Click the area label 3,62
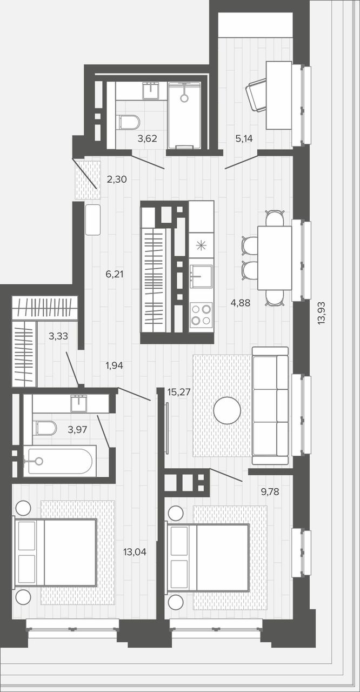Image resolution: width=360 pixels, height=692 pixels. [147, 139]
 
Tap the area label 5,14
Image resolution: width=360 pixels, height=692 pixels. [244, 139]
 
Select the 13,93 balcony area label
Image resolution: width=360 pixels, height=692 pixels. [322, 312]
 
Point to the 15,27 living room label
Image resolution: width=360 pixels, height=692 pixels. [179, 392]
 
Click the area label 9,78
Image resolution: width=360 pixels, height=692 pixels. [270, 491]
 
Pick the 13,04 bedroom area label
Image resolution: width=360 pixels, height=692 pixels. [135, 552]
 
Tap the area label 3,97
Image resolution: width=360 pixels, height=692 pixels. [77, 429]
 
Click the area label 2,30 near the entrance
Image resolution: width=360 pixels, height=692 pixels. [117, 179]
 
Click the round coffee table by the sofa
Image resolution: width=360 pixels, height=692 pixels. [227, 410]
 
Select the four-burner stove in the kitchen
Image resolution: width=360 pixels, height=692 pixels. [201, 315]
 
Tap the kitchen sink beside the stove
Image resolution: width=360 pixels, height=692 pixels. [201, 276]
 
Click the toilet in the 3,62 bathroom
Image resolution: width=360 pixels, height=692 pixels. [129, 122]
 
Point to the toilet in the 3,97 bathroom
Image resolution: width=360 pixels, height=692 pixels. [46, 428]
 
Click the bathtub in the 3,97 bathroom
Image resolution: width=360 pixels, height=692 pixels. [59, 461]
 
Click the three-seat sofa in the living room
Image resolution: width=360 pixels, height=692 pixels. [270, 405]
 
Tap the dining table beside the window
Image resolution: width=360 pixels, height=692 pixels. [275, 258]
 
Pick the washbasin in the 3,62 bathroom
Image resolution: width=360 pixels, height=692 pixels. [151, 90]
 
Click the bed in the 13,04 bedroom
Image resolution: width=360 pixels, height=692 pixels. [55, 552]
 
